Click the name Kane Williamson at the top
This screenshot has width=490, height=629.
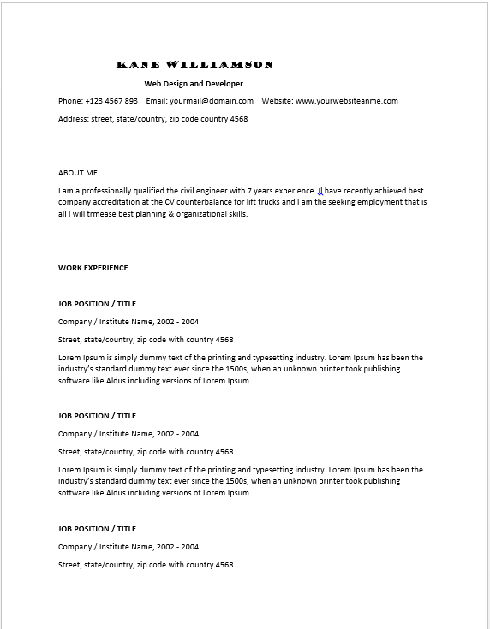pos(194,65)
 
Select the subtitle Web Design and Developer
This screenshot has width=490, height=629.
pos(194,84)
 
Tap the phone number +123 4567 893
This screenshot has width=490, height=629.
pos(111,101)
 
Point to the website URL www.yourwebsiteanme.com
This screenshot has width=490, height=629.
pos(347,101)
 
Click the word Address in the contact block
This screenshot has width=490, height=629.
pos(73,119)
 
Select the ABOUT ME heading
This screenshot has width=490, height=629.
pos(78,173)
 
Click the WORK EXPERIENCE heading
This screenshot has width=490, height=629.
pos(93,268)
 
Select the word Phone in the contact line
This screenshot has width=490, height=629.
pos(69,101)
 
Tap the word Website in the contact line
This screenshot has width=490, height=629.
pos(277,101)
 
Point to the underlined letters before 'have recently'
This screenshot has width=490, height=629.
pos(320,191)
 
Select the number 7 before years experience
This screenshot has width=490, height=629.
pos(248,191)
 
